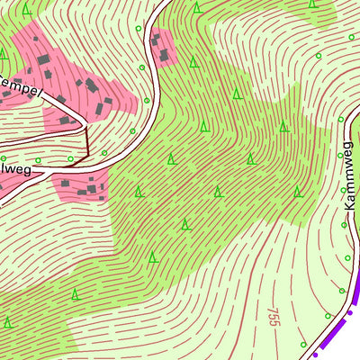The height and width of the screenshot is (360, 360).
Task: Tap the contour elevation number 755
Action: [273, 324]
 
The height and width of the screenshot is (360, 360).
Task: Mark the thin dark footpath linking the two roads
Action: [86, 144]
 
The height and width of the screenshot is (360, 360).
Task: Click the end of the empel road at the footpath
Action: [85, 126]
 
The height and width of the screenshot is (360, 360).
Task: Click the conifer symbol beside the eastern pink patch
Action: [193, 62]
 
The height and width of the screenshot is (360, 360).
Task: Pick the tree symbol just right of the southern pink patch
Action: [139, 192]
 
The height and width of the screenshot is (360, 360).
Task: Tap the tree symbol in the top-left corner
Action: [27, 9]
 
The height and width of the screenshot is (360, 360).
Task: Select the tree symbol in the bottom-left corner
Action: [8, 321]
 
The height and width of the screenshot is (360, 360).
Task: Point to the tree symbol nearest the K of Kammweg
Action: [298, 192]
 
